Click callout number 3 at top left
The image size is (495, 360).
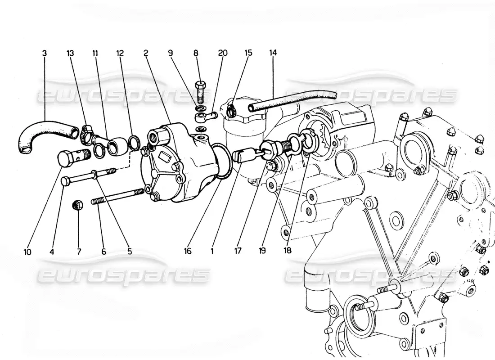(x=44, y=53)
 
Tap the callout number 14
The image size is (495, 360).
(x=273, y=53)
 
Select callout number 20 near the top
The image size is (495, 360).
(x=223, y=53)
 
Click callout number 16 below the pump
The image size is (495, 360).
(x=188, y=252)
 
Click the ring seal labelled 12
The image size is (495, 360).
(x=135, y=141)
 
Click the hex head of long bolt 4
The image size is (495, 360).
(x=67, y=181)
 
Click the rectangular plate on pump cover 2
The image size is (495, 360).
(x=164, y=156)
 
